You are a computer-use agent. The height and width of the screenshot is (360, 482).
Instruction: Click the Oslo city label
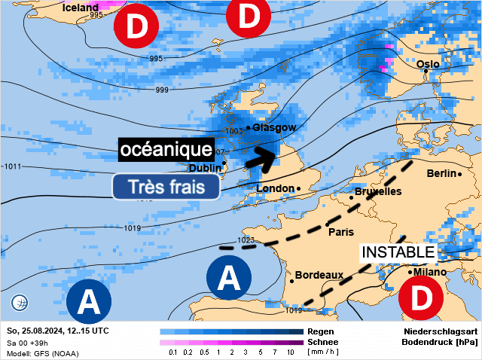coord(428,64)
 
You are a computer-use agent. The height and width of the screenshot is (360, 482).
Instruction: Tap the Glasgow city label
coord(274,128)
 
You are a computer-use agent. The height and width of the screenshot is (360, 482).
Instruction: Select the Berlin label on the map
coord(441,174)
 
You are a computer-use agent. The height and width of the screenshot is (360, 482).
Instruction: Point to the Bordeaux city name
coord(319,276)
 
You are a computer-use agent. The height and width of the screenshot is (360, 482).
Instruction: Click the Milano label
coord(429,272)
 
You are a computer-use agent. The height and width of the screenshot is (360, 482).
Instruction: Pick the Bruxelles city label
coord(378,192)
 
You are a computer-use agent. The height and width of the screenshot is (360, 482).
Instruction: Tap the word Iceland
coord(81,8)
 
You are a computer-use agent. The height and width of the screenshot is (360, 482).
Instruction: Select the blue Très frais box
coord(166,187)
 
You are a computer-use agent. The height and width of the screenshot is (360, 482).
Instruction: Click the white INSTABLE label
coord(398,252)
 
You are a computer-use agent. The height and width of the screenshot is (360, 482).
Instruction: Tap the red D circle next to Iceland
coord(136,28)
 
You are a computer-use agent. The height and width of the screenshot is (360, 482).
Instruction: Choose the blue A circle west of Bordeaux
coord(229,279)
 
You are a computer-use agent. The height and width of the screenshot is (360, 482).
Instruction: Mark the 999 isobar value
coord(162,90)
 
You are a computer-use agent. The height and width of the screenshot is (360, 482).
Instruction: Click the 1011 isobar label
coord(12,166)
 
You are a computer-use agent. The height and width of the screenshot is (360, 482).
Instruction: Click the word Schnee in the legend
coord(323,341)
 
